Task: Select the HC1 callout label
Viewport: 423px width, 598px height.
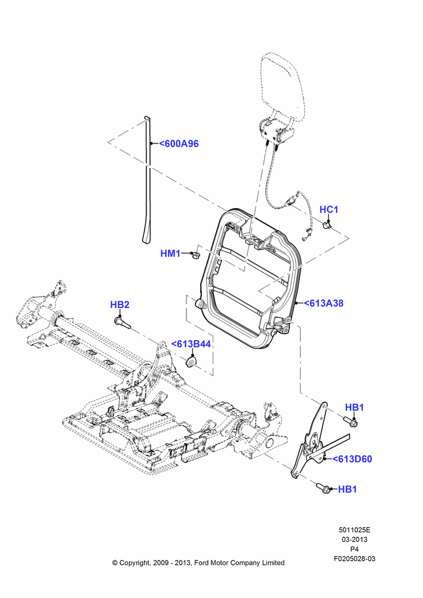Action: tap(329, 209)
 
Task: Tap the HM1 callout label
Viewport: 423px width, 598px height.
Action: tap(170, 253)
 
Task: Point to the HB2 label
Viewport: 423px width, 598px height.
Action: tap(119, 305)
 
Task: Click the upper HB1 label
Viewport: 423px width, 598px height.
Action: tap(354, 407)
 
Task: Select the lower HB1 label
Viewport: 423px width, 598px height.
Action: tap(348, 489)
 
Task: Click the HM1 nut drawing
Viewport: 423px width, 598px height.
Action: tap(195, 254)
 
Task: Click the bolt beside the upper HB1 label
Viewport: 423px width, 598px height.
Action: tap(351, 422)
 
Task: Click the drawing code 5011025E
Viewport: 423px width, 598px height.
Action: tap(354, 530)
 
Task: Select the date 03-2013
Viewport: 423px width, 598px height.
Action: tap(354, 539)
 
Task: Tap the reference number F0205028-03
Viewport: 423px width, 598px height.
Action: tap(354, 559)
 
